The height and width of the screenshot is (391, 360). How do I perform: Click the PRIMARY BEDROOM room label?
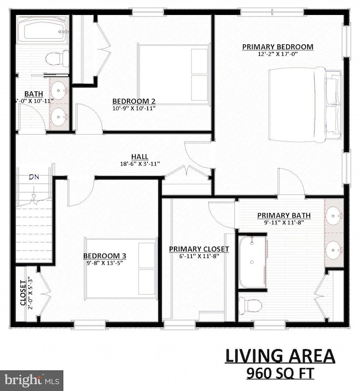pyautogui.click(x=277, y=47)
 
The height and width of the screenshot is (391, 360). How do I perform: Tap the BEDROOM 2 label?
pyautogui.click(x=133, y=101)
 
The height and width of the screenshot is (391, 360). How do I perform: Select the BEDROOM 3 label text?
pyautogui.click(x=105, y=255)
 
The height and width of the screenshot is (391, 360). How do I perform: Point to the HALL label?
pyautogui.click(x=140, y=156)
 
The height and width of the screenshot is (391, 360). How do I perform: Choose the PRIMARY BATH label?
pyautogui.click(x=283, y=215)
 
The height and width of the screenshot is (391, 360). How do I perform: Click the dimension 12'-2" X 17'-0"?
pyautogui.click(x=277, y=55)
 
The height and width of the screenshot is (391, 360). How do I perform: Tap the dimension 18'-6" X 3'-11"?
pyautogui.click(x=139, y=164)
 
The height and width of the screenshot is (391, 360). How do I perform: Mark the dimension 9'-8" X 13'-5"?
pyautogui.click(x=105, y=263)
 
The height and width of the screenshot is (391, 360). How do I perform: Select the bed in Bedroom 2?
pyautogui.click(x=173, y=74)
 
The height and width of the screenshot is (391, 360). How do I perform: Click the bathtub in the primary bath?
pyautogui.click(x=253, y=263)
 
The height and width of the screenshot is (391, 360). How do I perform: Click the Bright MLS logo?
pyautogui.click(x=32, y=381)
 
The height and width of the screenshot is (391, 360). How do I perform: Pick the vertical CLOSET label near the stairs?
pyautogui.click(x=23, y=292)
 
